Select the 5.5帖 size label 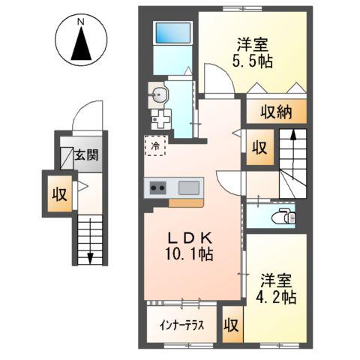(x=253, y=61)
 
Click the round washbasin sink (x=158, y=94)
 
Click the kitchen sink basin (x=188, y=187)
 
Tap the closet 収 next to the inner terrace (x=232, y=325)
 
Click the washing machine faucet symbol (x=160, y=118)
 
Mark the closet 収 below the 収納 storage (x=259, y=146)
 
